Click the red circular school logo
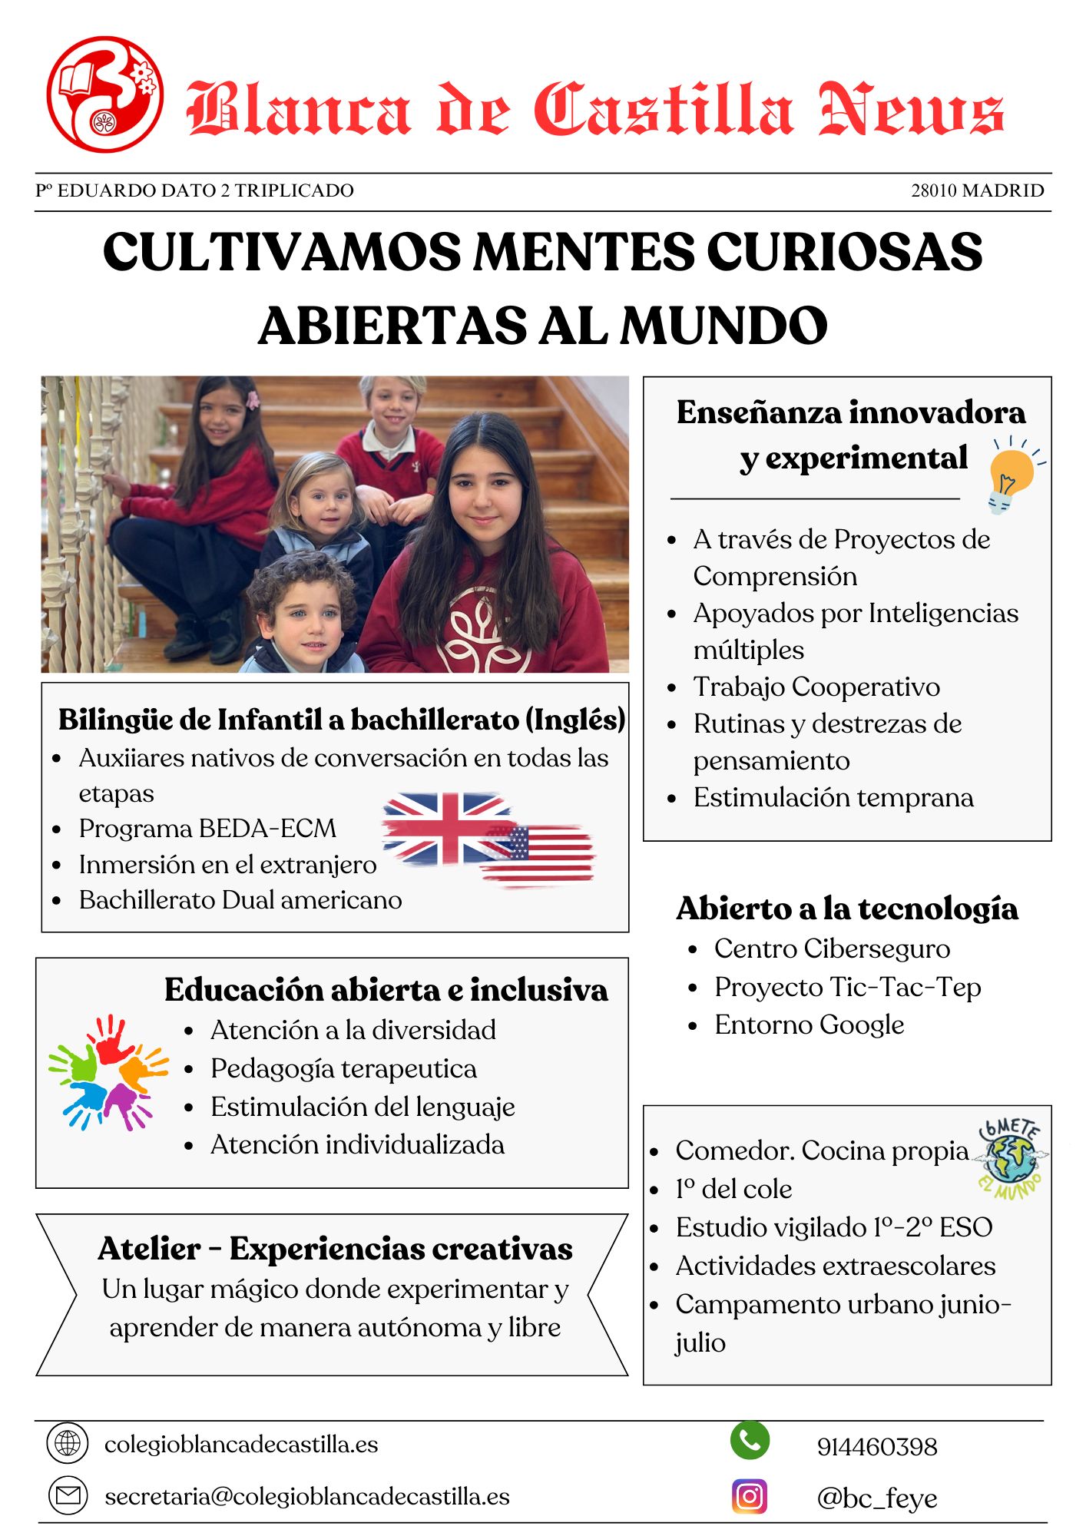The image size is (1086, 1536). pyautogui.click(x=104, y=94)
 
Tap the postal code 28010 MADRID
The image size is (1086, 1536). pyautogui.click(x=977, y=190)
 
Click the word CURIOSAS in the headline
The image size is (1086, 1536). pyautogui.click(x=844, y=252)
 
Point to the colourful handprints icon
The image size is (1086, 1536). pyautogui.click(x=108, y=1072)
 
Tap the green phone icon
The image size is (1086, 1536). pyautogui.click(x=750, y=1441)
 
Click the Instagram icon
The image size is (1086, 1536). pyautogui.click(x=750, y=1496)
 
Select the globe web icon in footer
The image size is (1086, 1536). pyautogui.click(x=68, y=1444)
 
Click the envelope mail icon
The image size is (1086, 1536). pyautogui.click(x=68, y=1496)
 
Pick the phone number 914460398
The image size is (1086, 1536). pyautogui.click(x=877, y=1447)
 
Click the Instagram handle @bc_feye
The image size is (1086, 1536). pyautogui.click(x=877, y=1498)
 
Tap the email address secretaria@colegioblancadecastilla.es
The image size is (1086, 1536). pyautogui.click(x=307, y=1496)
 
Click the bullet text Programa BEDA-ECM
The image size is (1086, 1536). pyautogui.click(x=207, y=829)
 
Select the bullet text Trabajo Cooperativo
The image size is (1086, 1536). pyautogui.click(x=816, y=687)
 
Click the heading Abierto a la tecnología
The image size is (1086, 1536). pyautogui.click(x=847, y=909)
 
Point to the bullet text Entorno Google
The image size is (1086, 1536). pyautogui.click(x=810, y=1025)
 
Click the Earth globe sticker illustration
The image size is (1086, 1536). pyautogui.click(x=1011, y=1158)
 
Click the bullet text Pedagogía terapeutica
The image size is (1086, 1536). pyautogui.click(x=343, y=1068)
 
